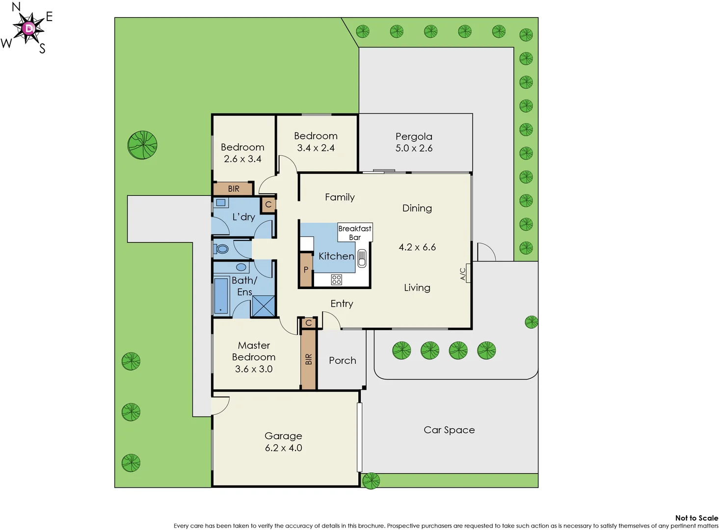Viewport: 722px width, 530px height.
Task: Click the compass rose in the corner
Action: coord(29,28)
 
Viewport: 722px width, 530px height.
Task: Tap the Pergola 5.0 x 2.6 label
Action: coord(414,142)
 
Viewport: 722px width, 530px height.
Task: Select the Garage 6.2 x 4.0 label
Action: coord(283,442)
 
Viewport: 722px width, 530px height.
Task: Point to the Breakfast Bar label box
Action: coord(355,233)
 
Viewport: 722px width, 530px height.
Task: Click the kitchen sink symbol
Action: coord(362,258)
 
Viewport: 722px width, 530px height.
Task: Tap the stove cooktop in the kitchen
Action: coord(336,280)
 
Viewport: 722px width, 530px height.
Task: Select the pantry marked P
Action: coord(306,269)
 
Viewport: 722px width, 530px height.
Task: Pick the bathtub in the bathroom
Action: coord(221,295)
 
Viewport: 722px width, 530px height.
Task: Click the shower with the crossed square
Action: coord(264,306)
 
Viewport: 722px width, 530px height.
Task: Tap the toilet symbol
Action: coord(221,249)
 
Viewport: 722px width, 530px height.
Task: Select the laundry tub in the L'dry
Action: coord(221,203)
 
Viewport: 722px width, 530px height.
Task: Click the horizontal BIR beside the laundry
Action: coord(234,188)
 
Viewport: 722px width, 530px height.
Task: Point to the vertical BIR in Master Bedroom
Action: coord(308,359)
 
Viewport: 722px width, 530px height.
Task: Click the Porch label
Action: coord(343,361)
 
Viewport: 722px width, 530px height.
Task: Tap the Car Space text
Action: coord(449,430)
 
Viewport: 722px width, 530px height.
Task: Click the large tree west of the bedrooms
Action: coord(142,145)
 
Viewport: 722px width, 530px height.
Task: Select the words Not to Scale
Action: coord(696,518)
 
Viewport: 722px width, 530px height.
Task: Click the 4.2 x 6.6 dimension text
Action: coord(417,247)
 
